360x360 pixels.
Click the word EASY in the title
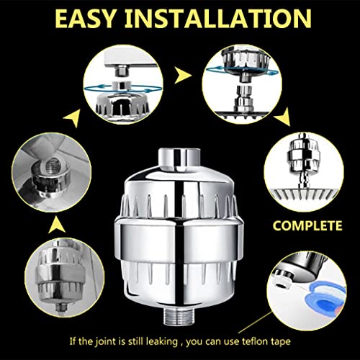(85, 19)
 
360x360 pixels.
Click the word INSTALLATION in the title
(218, 19)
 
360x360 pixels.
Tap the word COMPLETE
(307, 225)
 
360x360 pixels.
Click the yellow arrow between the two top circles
(182, 75)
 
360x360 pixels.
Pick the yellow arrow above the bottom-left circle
(57, 225)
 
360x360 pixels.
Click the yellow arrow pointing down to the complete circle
(283, 117)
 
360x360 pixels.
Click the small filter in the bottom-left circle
(60, 274)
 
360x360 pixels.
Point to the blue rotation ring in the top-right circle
(243, 71)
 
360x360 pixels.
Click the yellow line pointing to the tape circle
(255, 322)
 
